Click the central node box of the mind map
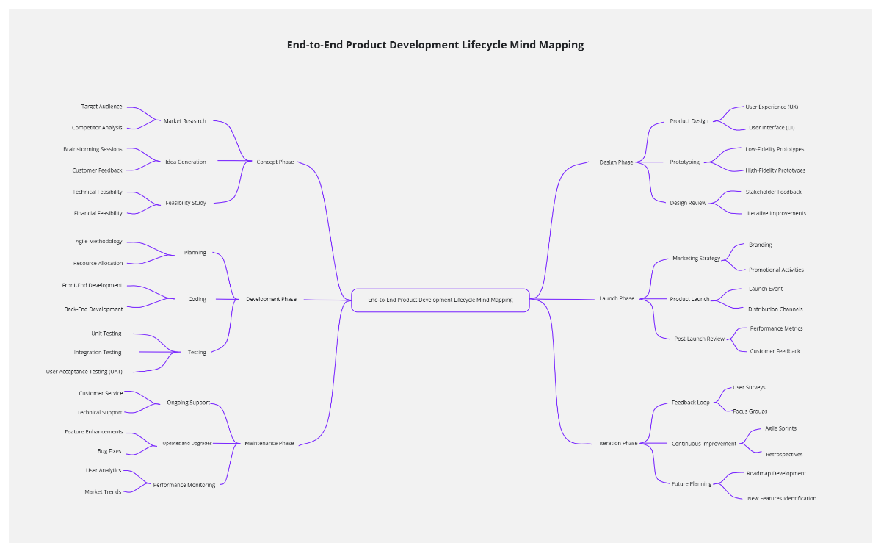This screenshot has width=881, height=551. pyautogui.click(x=440, y=300)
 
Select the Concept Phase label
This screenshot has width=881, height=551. pyautogui.click(x=275, y=162)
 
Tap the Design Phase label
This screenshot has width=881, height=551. pyautogui.click(x=616, y=162)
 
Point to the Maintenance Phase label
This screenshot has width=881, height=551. pyautogui.click(x=269, y=444)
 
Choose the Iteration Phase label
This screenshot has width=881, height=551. pyautogui.click(x=618, y=444)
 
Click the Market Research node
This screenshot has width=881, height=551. pyautogui.click(x=185, y=121)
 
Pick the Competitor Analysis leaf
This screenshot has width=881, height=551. pyautogui.click(x=97, y=128)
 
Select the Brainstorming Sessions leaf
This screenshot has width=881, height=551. pyautogui.click(x=93, y=149)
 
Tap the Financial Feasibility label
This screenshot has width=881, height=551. pyautogui.click(x=98, y=213)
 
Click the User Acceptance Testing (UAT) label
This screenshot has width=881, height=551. pyautogui.click(x=84, y=372)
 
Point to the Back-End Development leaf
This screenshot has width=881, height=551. pyautogui.click(x=94, y=309)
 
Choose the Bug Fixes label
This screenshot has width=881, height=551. pyautogui.click(x=109, y=451)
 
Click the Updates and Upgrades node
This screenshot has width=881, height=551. pyautogui.click(x=187, y=444)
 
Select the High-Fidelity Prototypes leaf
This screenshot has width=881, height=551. pyautogui.click(x=775, y=170)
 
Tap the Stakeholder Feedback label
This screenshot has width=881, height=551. pyautogui.click(x=774, y=192)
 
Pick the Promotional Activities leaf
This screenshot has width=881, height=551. pyautogui.click(x=776, y=270)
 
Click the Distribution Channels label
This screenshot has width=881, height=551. pyautogui.click(x=775, y=309)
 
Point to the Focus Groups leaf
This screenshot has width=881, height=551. pyautogui.click(x=750, y=411)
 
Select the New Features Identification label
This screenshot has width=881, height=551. pyautogui.click(x=782, y=498)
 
